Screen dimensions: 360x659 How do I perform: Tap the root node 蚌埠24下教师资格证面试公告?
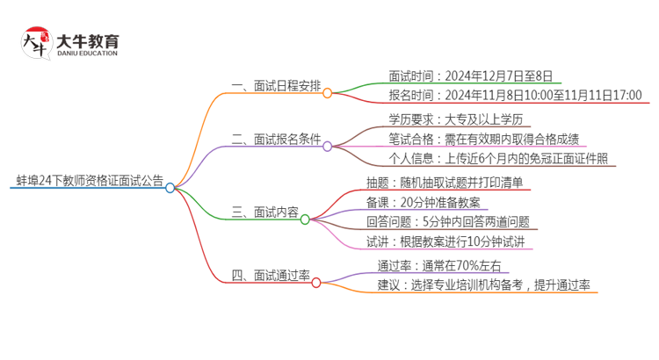89,182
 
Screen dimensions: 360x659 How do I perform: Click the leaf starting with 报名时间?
515,96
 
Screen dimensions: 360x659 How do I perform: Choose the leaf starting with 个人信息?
496,159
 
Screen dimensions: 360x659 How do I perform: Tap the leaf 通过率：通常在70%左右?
438,265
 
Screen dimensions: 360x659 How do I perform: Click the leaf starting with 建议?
483,285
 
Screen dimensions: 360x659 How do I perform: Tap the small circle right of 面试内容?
305,219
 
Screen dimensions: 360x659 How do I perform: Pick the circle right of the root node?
170,187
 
